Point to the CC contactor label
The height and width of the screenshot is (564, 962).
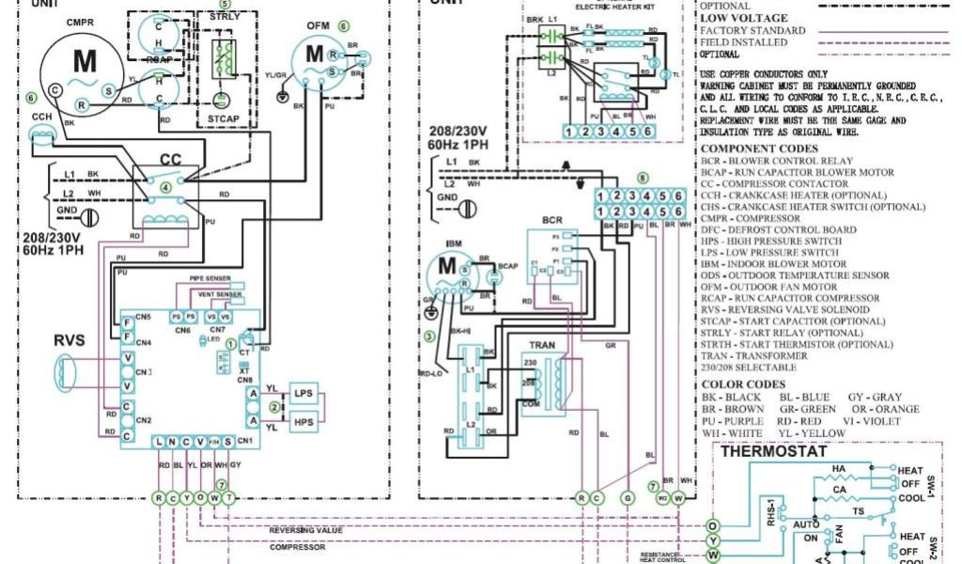coord(170,159)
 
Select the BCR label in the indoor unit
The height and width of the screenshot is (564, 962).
coord(551,221)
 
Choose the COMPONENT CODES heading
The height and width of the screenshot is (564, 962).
coord(759,149)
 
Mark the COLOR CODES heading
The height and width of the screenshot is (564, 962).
coord(742,384)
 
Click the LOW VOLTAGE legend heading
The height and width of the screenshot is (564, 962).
coord(744,18)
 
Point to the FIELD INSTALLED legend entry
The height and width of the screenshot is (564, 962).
coord(744,42)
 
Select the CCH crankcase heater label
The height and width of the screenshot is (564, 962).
coord(41,117)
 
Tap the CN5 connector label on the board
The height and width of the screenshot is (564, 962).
coord(144,318)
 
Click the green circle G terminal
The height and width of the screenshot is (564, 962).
coord(628,498)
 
